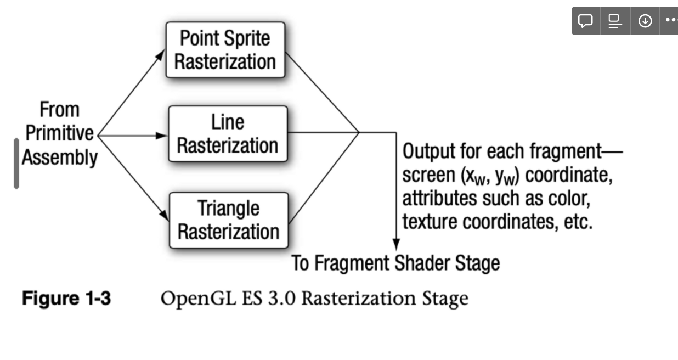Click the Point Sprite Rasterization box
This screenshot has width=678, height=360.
click(225, 50)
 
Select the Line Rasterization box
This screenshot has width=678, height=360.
click(228, 134)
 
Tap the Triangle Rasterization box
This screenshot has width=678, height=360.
click(228, 220)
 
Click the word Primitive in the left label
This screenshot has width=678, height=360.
click(60, 133)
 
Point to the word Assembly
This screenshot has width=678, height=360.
click(59, 158)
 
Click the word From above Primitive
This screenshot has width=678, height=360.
click(59, 110)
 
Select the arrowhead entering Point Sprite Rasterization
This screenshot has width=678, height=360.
click(161, 53)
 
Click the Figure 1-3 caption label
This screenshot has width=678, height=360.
click(66, 299)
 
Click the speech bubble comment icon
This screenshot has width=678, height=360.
click(586, 21)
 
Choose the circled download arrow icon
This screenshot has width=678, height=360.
click(645, 21)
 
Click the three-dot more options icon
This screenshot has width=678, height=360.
click(671, 21)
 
